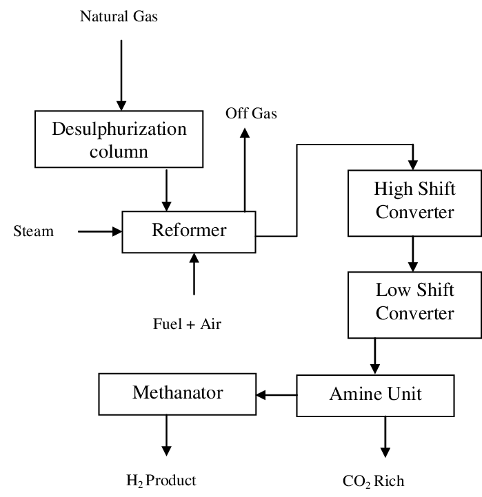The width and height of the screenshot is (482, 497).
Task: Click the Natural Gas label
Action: (x=119, y=16)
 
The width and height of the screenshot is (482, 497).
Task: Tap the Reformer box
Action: (x=189, y=231)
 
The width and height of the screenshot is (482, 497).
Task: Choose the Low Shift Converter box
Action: (x=414, y=303)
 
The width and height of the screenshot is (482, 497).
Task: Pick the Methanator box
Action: (x=177, y=394)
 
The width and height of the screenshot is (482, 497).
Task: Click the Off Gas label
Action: (x=251, y=114)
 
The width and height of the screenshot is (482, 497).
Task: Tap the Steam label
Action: (x=33, y=231)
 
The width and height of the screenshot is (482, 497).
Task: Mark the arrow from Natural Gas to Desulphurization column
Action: (x=121, y=74)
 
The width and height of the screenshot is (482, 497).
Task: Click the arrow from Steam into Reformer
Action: (x=99, y=232)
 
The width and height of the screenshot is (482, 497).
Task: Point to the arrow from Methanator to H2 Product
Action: (x=165, y=435)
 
